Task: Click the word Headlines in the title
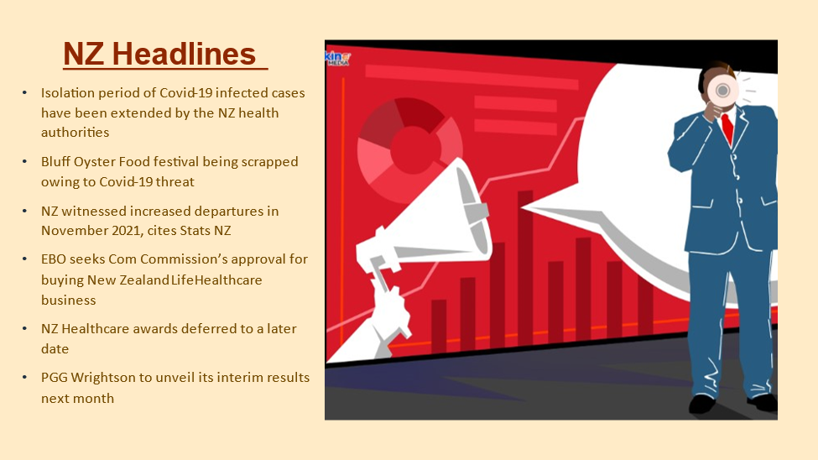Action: click(184, 54)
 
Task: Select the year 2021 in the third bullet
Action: click(126, 231)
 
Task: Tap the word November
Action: click(75, 231)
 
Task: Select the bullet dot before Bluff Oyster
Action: click(24, 162)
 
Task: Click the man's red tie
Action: click(727, 128)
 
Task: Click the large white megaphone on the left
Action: click(425, 219)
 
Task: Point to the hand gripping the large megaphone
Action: click(389, 307)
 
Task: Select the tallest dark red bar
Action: click(525, 269)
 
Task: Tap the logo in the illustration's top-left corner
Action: click(338, 58)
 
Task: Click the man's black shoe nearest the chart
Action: click(701, 404)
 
